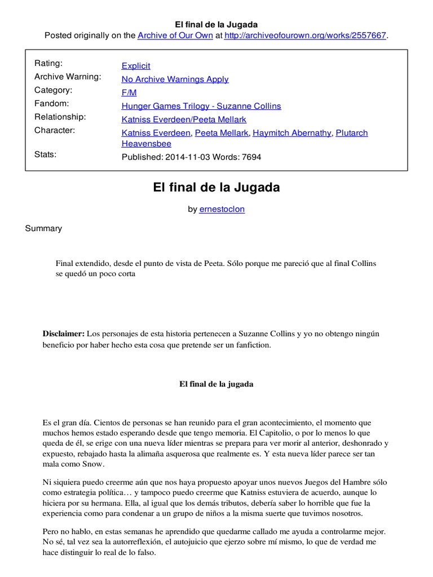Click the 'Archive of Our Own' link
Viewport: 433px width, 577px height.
pyautogui.click(x=175, y=35)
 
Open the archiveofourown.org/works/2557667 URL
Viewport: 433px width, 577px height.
pyautogui.click(x=306, y=35)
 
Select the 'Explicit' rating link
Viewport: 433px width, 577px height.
pyautogui.click(x=136, y=66)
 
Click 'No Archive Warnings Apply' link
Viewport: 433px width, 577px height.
pyautogui.click(x=175, y=79)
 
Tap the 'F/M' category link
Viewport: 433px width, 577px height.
pyautogui.click(x=129, y=92)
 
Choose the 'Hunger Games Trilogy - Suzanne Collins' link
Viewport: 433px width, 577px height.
pyautogui.click(x=201, y=106)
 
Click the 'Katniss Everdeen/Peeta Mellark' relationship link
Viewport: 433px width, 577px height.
pyautogui.click(x=184, y=119)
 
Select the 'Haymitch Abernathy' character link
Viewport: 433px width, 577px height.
pyautogui.click(x=293, y=133)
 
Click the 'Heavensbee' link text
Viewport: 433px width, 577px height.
pyautogui.click(x=147, y=144)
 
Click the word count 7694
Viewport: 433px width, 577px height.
pyautogui.click(x=251, y=157)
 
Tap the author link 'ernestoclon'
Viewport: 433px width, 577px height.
pyautogui.click(x=222, y=209)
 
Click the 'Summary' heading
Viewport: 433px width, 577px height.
pyautogui.click(x=43, y=229)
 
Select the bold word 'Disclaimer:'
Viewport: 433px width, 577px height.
pyautogui.click(x=63, y=334)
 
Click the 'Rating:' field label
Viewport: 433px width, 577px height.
pyautogui.click(x=48, y=63)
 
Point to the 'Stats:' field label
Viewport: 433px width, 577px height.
pyautogui.click(x=46, y=154)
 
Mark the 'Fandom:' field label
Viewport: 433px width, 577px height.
pyautogui.click(x=52, y=104)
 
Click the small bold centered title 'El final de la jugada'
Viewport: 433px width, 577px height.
pyautogui.click(x=216, y=384)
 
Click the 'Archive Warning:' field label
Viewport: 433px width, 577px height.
pyautogui.click(x=68, y=77)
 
